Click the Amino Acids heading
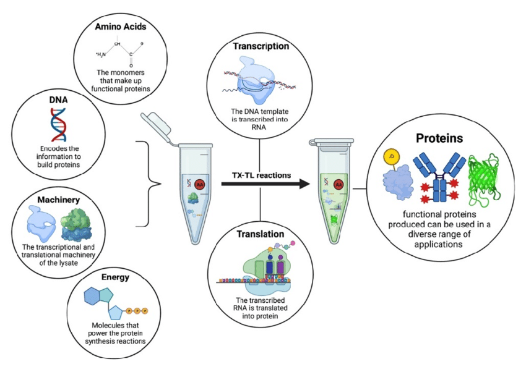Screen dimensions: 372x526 120,27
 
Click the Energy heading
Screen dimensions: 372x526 117,277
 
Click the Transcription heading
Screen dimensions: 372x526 261,46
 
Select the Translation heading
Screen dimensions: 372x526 261,235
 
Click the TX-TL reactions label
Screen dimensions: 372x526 261,175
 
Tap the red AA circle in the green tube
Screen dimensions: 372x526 338,184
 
